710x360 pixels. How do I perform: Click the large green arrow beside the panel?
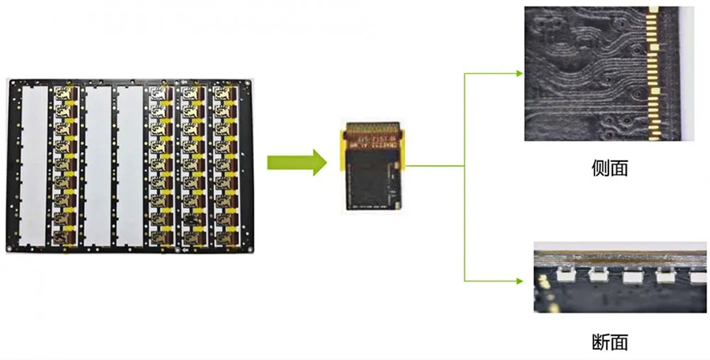point(297,163)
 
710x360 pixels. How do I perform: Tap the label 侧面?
point(608,168)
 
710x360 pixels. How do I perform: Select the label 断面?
point(608,342)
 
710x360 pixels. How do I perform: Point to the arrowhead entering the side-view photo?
point(517,73)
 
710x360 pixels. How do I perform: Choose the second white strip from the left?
point(97,164)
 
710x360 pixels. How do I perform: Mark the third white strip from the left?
point(129,164)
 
